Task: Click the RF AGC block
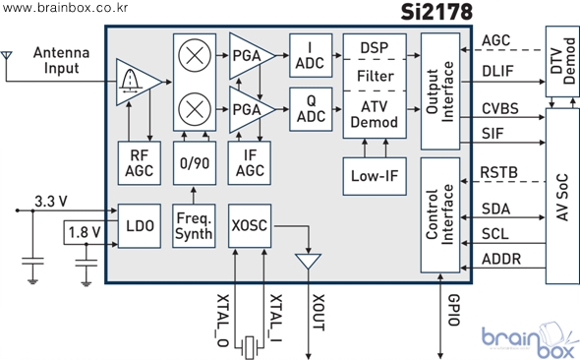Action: coord(139,163)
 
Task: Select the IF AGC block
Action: coord(250,163)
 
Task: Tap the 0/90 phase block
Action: coord(195,163)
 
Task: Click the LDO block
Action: coord(139,225)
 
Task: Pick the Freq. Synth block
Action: coord(194,225)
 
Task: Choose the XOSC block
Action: coord(250,225)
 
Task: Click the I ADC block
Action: coord(311,55)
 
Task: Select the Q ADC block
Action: coord(311,109)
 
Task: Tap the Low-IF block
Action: coord(375,176)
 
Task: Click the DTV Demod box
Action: coord(562,61)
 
